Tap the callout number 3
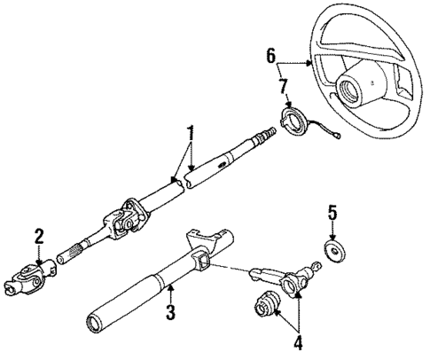[170, 311]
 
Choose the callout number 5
[332, 214]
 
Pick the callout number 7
[284, 86]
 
